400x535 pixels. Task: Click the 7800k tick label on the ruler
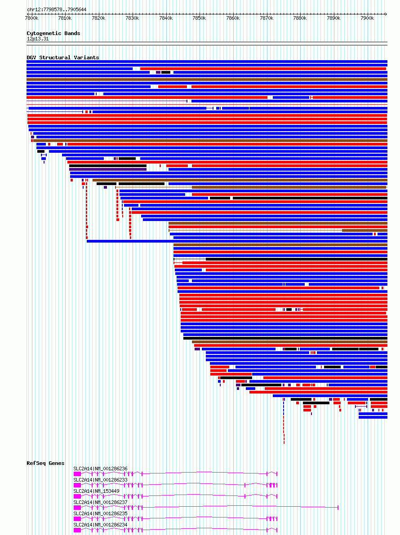[x=32, y=18]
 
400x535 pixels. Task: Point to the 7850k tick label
[x=199, y=18]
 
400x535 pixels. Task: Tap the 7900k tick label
[x=367, y=18]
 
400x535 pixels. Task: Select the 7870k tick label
[x=266, y=18]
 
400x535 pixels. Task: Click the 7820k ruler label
[x=98, y=18]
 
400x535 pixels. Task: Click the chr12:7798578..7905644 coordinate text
[x=57, y=9]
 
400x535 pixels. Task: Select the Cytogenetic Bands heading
[x=53, y=33]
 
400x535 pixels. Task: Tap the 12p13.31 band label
[x=38, y=39]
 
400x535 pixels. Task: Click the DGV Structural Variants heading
[x=62, y=57]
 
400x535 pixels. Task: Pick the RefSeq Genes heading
[x=45, y=463]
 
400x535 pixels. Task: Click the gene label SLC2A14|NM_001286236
[x=100, y=469]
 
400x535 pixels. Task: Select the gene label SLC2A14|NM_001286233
[x=100, y=480]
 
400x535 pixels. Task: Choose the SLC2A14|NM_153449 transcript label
[x=96, y=491]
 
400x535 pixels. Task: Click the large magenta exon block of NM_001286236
[x=77, y=473]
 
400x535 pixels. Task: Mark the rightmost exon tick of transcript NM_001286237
[x=338, y=507]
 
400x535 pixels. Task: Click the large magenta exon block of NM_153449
[x=77, y=496]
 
